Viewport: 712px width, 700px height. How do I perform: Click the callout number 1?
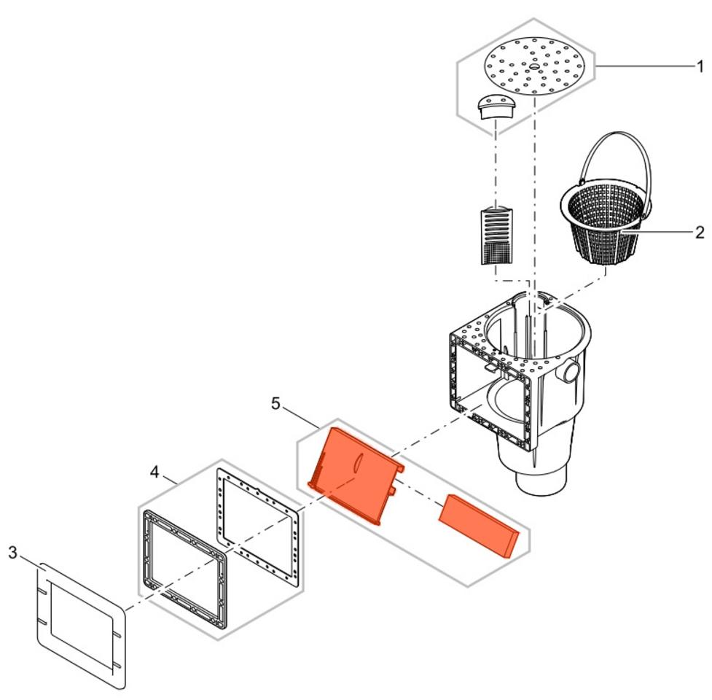click(700, 66)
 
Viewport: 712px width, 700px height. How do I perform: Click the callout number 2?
click(700, 233)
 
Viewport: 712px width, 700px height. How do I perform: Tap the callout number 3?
click(12, 553)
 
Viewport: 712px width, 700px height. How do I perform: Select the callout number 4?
click(154, 472)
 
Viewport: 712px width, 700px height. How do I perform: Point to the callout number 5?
click(275, 403)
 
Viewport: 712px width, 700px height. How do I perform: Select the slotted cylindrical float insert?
click(496, 236)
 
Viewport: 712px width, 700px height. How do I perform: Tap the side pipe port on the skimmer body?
click(568, 370)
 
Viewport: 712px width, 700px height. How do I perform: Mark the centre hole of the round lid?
click(533, 67)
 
